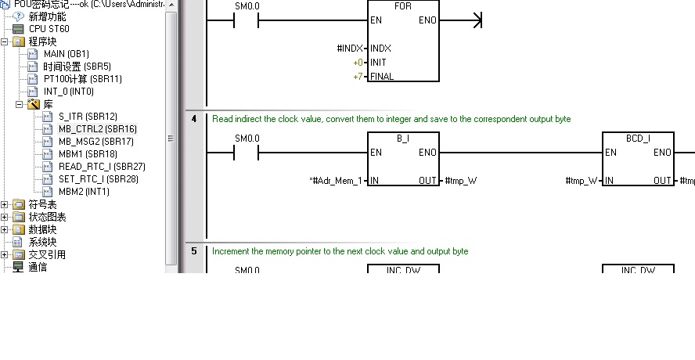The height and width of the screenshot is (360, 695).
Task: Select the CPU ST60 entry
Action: [49, 29]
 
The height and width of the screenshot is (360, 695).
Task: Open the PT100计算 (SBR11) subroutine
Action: [82, 79]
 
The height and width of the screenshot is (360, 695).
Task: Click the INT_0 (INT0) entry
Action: [68, 92]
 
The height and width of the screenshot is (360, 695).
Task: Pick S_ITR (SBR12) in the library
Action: [88, 117]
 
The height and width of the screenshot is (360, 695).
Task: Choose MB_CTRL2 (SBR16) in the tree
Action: [97, 129]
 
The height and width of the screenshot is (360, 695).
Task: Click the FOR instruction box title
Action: [403, 6]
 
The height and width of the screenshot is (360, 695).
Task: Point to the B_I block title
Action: [403, 139]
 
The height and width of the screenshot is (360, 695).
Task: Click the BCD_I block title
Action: [638, 139]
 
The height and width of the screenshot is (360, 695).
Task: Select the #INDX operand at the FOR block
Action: [350, 49]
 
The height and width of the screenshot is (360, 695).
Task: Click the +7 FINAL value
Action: [358, 77]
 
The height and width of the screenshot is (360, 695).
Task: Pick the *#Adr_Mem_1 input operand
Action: [336, 181]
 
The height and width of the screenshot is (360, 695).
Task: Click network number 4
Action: [193, 119]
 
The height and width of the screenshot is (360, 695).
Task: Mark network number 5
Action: [193, 251]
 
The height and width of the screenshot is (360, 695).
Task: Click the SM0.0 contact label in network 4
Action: [247, 139]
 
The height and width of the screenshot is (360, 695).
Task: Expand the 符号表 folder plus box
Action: [5, 204]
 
